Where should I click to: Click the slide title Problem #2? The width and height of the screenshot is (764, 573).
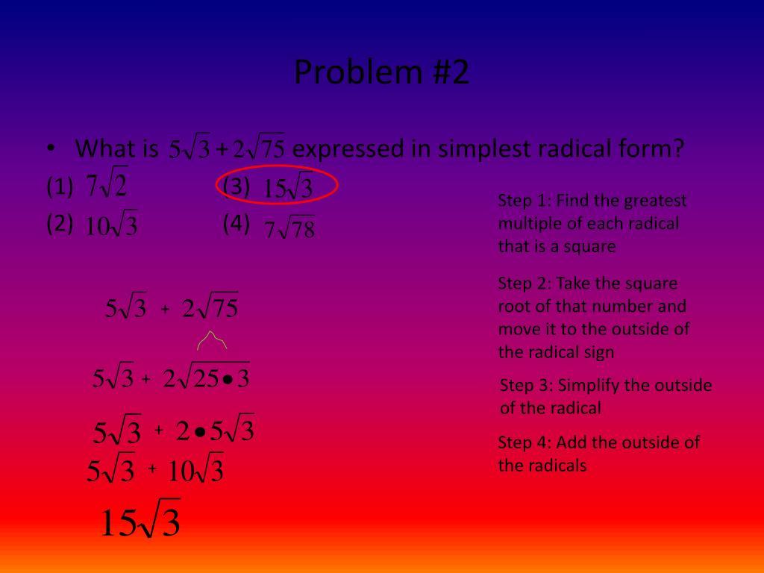click(381, 73)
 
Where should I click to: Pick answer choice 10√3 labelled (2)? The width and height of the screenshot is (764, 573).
click(110, 226)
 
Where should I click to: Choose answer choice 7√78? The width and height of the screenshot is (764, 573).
click(289, 230)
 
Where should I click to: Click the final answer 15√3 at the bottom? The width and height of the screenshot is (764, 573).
click(140, 523)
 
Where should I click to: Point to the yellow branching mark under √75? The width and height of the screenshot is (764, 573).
click(212, 341)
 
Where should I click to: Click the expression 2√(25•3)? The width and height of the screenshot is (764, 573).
click(207, 379)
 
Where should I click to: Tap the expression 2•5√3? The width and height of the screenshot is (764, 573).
click(216, 431)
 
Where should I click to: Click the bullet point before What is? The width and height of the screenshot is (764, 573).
click(49, 148)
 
